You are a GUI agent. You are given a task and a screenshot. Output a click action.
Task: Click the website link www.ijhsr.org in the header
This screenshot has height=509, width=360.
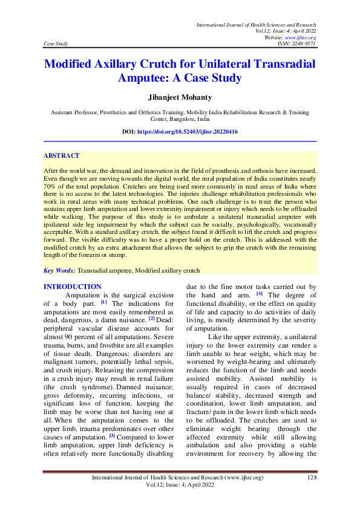301,37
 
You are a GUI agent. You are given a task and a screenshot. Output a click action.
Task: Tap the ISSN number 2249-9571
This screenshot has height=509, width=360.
303,44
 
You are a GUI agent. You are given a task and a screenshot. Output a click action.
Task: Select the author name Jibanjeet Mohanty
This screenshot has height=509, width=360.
180,97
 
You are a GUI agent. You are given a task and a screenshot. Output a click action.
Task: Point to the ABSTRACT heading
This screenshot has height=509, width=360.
61,155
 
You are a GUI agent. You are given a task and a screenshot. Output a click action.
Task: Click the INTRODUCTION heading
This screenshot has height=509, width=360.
73,286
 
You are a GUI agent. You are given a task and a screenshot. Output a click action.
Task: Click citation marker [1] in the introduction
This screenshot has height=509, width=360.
104,302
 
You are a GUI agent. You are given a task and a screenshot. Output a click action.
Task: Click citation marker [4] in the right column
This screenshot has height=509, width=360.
259,294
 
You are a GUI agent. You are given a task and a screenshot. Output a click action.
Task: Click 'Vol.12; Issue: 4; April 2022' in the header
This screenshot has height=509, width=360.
284,31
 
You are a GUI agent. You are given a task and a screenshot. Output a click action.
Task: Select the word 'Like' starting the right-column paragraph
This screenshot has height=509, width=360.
217,336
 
